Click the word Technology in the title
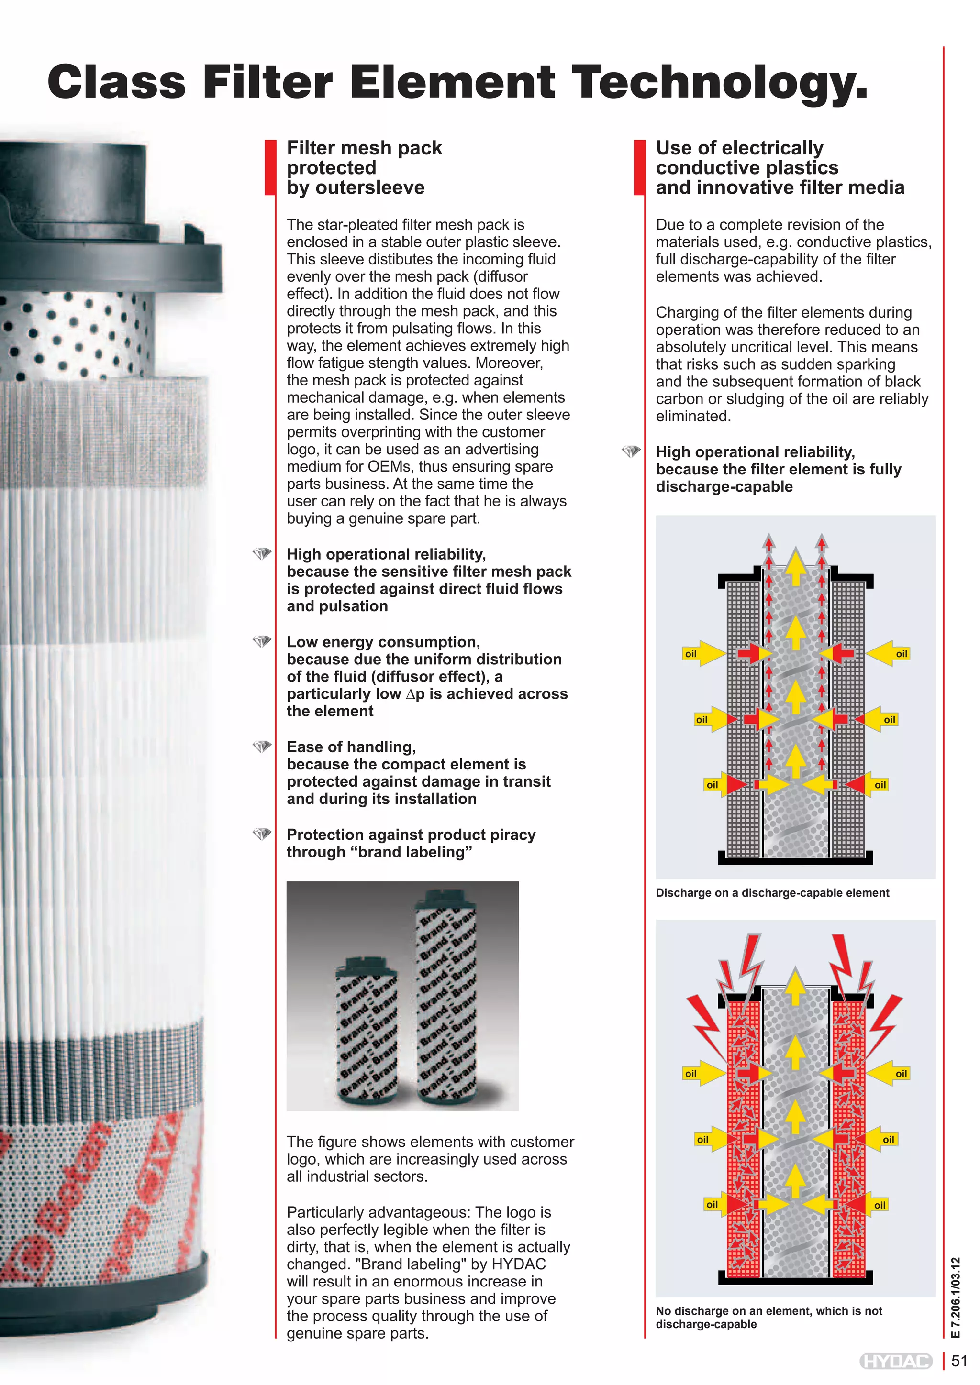(x=718, y=82)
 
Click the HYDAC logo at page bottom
(x=895, y=1362)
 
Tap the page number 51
(x=959, y=1362)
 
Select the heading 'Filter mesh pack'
(x=364, y=148)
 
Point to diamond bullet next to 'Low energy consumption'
(x=262, y=641)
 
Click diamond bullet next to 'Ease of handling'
(x=262, y=747)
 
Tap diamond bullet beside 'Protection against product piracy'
(x=262, y=834)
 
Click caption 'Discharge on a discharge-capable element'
(x=772, y=893)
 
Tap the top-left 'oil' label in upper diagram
(x=691, y=654)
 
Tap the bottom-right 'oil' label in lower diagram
(x=880, y=1205)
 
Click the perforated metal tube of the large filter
(x=72, y=335)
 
